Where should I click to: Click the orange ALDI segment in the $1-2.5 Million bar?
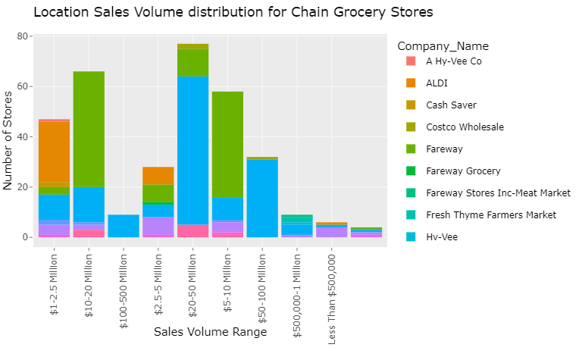coord(54,152)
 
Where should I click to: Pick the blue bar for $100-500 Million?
coord(124,226)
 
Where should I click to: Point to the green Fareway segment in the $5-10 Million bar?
coord(227,144)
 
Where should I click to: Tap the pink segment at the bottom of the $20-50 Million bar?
coord(193,231)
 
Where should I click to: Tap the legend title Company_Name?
coord(443,46)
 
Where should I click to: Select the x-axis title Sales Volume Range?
coord(210,332)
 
